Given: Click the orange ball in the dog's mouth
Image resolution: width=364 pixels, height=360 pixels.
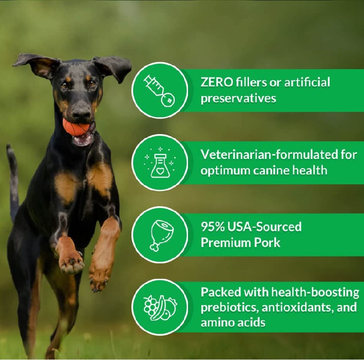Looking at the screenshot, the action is [76, 127].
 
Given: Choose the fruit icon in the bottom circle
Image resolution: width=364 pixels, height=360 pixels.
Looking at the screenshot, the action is [160, 308].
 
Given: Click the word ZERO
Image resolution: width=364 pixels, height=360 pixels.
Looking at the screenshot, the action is [217, 82].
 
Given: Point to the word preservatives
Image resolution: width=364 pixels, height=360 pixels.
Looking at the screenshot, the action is [238, 98].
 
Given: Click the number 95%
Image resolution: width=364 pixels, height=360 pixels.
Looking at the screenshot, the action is [212, 227].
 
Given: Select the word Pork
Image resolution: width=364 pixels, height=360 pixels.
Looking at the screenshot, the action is [267, 243].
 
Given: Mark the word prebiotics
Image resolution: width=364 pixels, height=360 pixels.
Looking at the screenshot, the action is [230, 308].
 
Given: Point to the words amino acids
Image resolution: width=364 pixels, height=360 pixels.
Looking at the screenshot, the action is [233, 323].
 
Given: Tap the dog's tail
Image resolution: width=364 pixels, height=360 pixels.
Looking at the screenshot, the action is [13, 181].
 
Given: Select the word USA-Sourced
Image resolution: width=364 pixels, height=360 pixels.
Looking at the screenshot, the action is [264, 227].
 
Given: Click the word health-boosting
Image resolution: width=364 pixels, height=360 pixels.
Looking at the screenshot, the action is [315, 293].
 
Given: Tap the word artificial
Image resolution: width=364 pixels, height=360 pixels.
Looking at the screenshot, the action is [307, 82].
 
